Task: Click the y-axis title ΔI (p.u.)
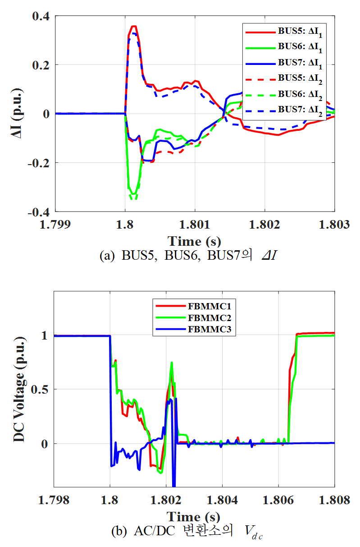18,114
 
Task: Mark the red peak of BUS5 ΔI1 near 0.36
133,26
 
